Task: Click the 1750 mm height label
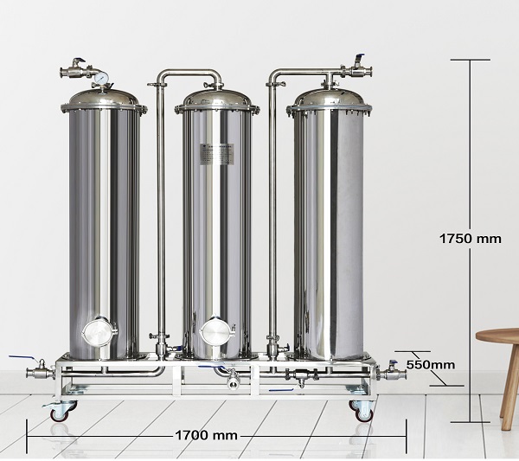(x=470, y=239)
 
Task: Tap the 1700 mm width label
(x=206, y=435)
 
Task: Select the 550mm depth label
(x=430, y=365)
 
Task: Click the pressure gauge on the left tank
(x=100, y=79)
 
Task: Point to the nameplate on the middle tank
(x=217, y=154)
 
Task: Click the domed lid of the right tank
(x=329, y=99)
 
